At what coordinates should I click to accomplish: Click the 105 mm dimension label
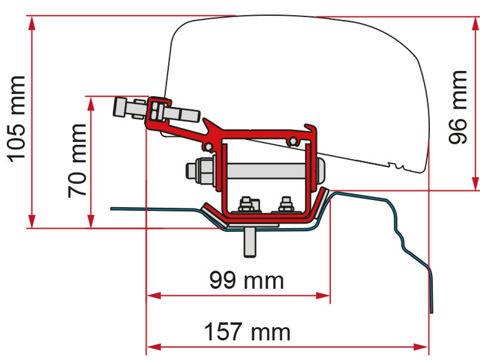(17, 119)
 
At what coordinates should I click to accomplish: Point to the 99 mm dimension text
(246, 280)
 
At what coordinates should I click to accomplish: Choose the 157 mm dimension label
(247, 331)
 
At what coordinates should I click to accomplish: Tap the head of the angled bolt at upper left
(120, 107)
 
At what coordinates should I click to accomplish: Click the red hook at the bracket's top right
(311, 129)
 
